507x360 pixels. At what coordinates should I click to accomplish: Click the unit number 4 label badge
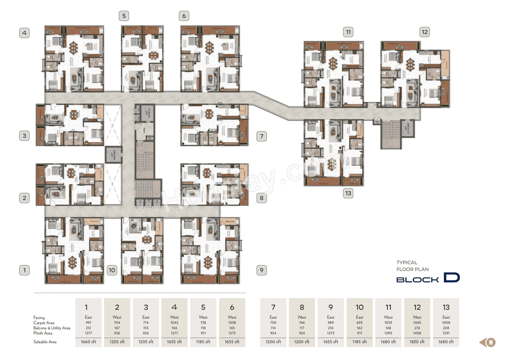pyautogui.click(x=25, y=32)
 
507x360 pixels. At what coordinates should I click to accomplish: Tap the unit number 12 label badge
pyautogui.click(x=425, y=32)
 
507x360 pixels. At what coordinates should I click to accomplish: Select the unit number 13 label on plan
pyautogui.click(x=348, y=193)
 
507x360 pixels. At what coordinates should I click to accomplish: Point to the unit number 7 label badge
pyautogui.click(x=261, y=137)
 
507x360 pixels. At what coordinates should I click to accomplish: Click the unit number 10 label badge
pyautogui.click(x=112, y=270)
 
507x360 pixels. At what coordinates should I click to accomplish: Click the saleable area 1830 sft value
pyautogui.click(x=417, y=342)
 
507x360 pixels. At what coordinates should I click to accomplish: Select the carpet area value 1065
pyautogui.click(x=417, y=322)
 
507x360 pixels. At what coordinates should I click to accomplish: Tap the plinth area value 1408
pyautogui.click(x=417, y=333)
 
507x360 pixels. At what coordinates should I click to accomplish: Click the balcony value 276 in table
pyautogui.click(x=417, y=328)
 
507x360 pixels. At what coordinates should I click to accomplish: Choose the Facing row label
pyautogui.click(x=39, y=318)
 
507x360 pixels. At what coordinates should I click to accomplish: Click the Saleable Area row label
pyautogui.click(x=45, y=342)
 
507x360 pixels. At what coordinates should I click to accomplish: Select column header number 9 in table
pyautogui.click(x=331, y=307)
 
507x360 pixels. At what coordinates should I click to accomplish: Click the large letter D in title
pyautogui.click(x=452, y=278)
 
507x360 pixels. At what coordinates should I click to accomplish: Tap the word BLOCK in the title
pyautogui.click(x=417, y=280)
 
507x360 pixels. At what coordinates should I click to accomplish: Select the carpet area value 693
pyautogui.click(x=359, y=322)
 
